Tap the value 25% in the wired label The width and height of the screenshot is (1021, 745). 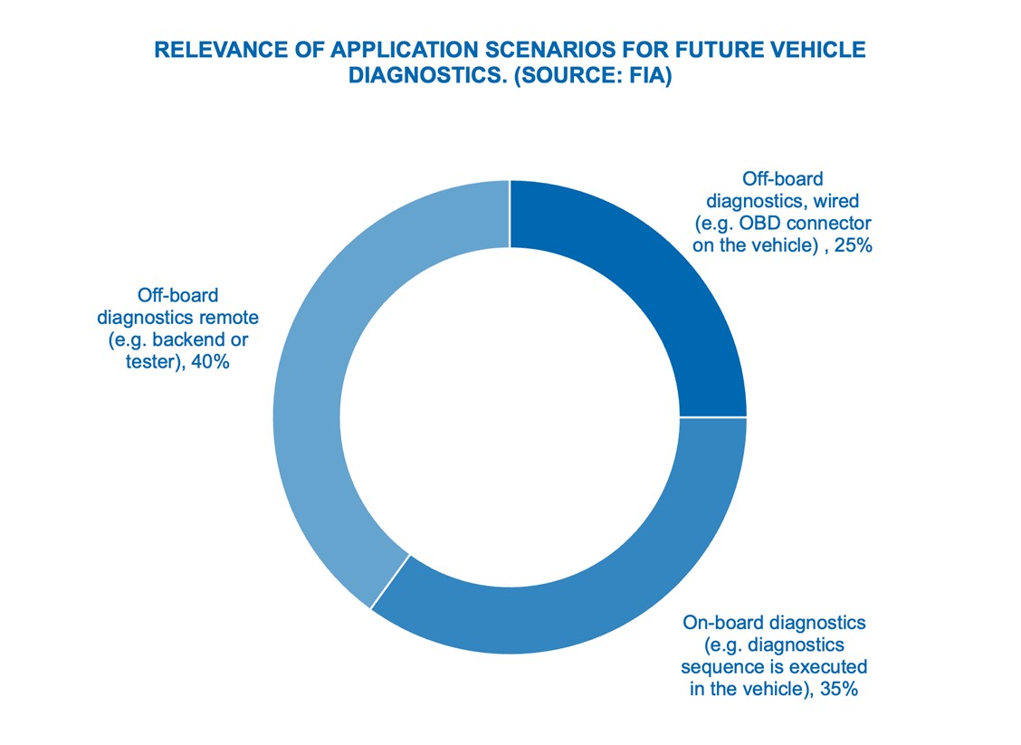click(x=853, y=244)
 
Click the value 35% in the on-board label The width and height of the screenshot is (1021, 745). click(x=840, y=690)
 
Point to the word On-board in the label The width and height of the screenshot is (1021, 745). click(x=715, y=623)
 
